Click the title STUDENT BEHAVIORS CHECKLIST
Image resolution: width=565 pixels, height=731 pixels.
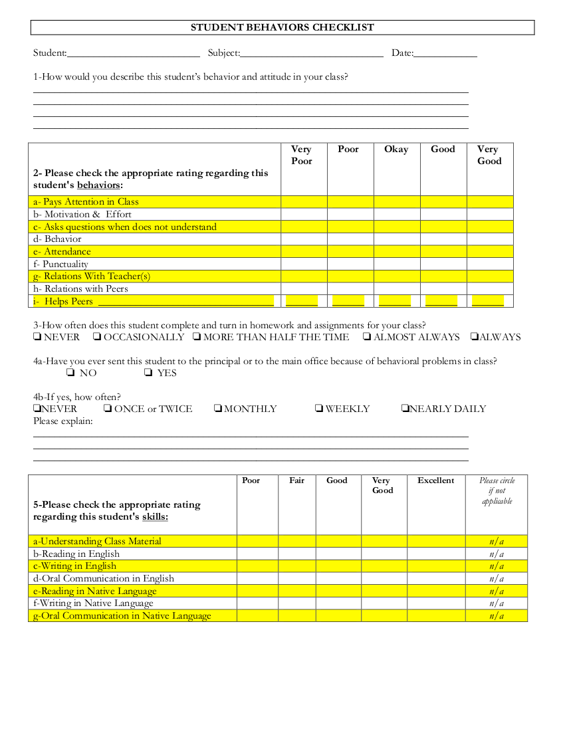pos(282,27)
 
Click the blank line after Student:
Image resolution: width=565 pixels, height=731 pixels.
pos(133,53)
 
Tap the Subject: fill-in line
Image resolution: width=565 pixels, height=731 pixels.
pos(312,53)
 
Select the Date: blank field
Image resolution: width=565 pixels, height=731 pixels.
pos(445,53)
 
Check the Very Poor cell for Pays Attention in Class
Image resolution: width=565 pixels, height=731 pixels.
pos(304,201)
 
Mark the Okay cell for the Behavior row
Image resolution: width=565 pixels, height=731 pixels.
pos(397,239)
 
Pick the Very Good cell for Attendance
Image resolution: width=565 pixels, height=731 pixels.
pos(490,252)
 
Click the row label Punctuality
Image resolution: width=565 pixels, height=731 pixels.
pos(65,264)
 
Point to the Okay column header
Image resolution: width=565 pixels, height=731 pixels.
pos(396,150)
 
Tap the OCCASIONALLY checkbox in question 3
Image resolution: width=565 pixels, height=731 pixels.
pos(97,337)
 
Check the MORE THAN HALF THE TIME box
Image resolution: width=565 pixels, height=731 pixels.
pos(197,337)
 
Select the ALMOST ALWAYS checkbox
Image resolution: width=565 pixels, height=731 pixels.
pos(367,337)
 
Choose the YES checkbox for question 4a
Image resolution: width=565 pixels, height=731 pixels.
pos(148,373)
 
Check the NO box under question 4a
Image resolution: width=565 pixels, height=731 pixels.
pos(70,373)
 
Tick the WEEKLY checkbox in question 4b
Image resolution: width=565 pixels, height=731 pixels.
pos(319,409)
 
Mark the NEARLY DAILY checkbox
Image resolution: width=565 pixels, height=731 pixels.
pos(405,409)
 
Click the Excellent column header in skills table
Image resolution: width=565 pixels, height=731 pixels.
pos(436,480)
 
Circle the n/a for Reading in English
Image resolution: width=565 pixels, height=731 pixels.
pos(497,554)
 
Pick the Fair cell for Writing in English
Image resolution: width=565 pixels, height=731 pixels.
pos(296,566)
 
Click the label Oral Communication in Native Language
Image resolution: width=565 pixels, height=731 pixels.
pos(122,616)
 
